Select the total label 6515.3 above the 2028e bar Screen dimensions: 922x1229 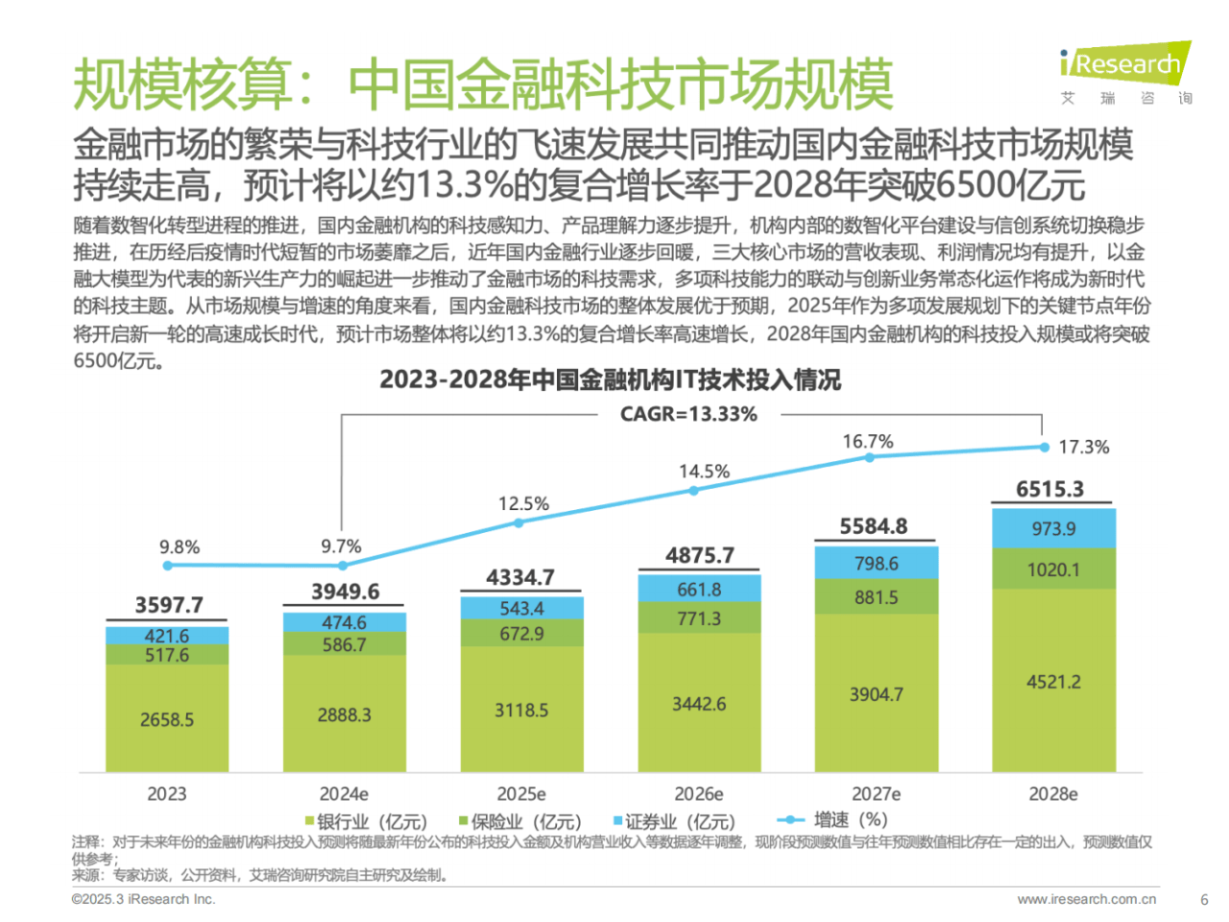point(1049,489)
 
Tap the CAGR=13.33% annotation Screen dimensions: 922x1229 point(688,414)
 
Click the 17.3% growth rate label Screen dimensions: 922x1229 point(1083,447)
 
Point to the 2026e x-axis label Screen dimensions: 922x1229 point(698,794)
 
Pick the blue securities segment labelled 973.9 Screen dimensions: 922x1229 point(1053,528)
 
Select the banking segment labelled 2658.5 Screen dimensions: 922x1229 point(167,718)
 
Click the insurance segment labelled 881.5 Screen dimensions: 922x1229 point(876,596)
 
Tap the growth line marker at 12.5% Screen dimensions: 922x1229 point(518,522)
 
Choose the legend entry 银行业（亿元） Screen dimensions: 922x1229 point(366,821)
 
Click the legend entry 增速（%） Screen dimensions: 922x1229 point(832,820)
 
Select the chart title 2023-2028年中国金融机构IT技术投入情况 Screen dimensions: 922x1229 point(610,379)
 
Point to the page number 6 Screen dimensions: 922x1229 point(1204,900)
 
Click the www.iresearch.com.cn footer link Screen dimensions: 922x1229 point(1086,900)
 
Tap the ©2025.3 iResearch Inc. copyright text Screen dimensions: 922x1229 point(143,900)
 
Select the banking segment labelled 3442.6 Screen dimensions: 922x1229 point(699,703)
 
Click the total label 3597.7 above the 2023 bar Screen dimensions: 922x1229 point(168,604)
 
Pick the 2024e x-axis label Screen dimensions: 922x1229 point(344,794)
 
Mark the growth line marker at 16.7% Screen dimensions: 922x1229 point(869,457)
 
